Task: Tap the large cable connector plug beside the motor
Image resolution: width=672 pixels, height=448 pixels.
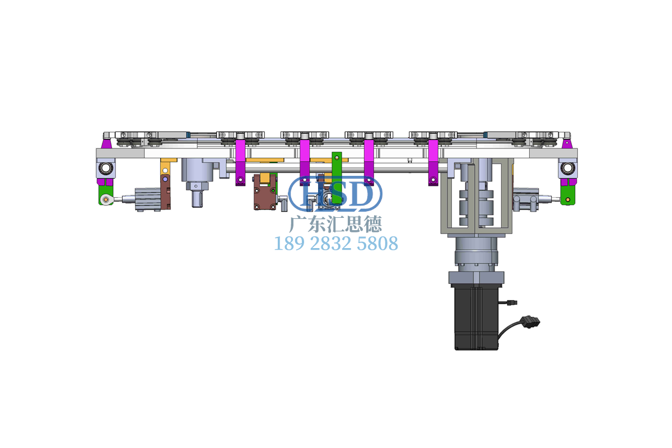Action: [x=530, y=321]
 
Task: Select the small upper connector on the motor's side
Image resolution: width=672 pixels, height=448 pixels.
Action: [x=513, y=302]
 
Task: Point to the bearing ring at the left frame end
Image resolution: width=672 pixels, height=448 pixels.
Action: [x=106, y=168]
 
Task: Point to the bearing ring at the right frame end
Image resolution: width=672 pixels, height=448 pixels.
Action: [x=567, y=168]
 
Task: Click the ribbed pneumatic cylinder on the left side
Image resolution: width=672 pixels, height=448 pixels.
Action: [x=148, y=199]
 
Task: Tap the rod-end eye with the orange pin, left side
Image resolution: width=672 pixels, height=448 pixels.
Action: [x=105, y=199]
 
